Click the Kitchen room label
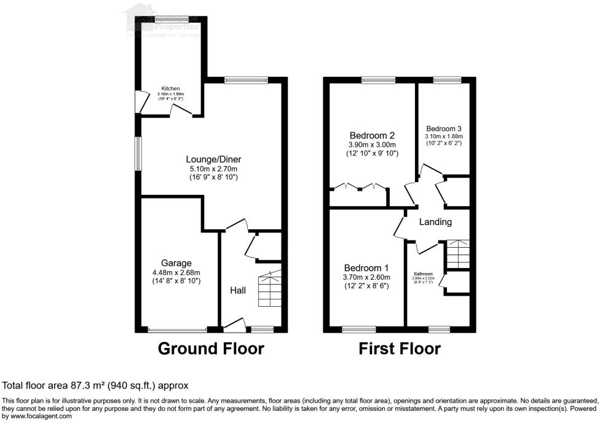point(170,89)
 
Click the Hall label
point(238,290)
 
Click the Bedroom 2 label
point(371,135)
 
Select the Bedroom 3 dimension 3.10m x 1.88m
point(443,136)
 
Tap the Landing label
point(436,222)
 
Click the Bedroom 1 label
point(366,268)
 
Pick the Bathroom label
point(423,274)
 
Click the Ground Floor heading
point(211,349)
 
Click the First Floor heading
point(400,349)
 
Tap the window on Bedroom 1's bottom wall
point(358,329)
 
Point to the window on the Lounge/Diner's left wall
point(138,152)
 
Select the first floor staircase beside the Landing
point(457,253)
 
